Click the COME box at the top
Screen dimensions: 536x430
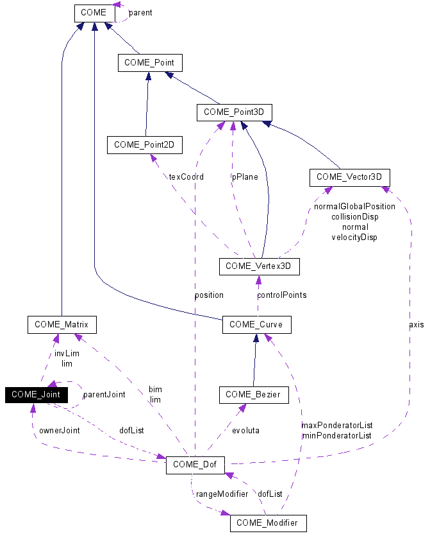[x=94, y=12]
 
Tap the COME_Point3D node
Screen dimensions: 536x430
[x=235, y=112]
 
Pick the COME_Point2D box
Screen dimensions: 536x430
[x=145, y=145]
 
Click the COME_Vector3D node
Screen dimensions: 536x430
[x=349, y=177]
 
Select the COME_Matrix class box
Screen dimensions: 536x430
[x=62, y=325]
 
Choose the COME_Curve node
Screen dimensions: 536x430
[x=256, y=325]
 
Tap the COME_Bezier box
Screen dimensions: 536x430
[x=254, y=395]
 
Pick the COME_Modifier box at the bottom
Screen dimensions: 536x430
[x=268, y=523]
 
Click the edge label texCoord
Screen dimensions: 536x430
[x=186, y=177]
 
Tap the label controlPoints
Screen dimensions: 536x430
[x=281, y=295]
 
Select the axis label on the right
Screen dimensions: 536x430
[x=416, y=324]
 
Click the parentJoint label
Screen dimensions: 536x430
[x=104, y=394]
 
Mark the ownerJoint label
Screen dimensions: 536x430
[x=59, y=430]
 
